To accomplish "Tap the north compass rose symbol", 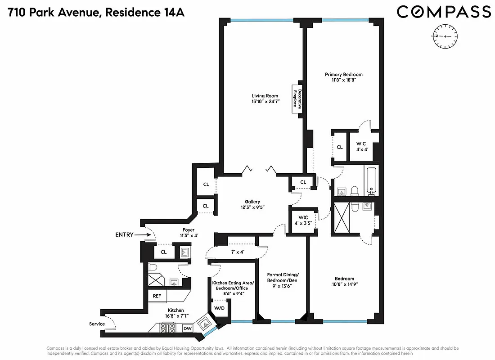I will [x=445, y=36].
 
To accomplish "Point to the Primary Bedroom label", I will [x=344, y=75].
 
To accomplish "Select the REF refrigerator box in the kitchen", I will [x=157, y=296].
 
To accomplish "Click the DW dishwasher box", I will [x=188, y=329].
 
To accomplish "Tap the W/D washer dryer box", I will [x=219, y=309].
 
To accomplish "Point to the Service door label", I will [x=97, y=324].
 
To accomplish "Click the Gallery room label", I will [x=252, y=202].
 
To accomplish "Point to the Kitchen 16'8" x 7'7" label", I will [x=176, y=313].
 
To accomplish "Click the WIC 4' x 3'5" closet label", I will [x=303, y=220].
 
